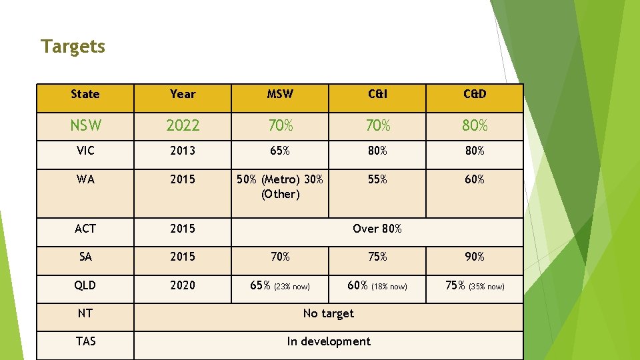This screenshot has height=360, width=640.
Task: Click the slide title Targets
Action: click(73, 47)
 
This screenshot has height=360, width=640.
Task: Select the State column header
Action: click(85, 94)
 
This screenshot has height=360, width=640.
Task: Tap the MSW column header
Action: click(280, 94)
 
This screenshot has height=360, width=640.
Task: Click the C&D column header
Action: click(475, 94)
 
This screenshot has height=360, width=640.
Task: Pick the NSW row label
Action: click(85, 125)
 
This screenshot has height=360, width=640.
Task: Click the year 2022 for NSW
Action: click(183, 125)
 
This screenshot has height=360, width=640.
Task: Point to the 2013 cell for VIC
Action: click(183, 151)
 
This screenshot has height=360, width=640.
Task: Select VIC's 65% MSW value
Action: click(280, 151)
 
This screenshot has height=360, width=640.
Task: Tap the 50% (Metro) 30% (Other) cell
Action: click(280, 187)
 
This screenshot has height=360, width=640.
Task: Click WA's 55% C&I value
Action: click(377, 179)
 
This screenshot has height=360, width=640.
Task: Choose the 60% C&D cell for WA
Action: click(475, 179)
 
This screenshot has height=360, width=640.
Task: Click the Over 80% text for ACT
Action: click(377, 229)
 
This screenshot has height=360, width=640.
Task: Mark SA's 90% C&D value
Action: click(475, 257)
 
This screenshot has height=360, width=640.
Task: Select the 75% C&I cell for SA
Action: click(377, 257)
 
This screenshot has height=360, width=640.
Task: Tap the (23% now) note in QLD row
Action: click(292, 287)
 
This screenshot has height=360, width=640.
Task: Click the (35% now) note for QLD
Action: click(487, 287)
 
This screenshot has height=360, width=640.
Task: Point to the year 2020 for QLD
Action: click(183, 285)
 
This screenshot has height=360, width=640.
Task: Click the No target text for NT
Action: click(329, 313)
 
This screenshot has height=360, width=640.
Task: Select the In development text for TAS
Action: click(329, 341)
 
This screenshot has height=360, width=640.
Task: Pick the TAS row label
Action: click(85, 341)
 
